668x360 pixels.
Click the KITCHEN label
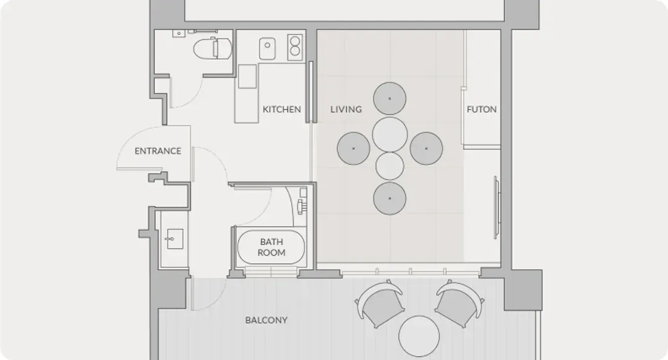click(281, 109)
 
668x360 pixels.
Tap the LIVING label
click(346, 109)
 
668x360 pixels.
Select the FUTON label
click(481, 109)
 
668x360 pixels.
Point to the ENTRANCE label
click(158, 151)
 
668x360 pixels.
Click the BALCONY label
click(266, 320)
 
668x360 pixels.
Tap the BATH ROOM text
click(272, 247)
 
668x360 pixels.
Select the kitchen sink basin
click(267, 49)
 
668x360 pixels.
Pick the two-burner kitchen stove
click(294, 47)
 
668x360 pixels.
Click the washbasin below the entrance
click(174, 239)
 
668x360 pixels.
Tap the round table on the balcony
click(419, 336)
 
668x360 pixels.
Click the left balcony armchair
click(380, 303)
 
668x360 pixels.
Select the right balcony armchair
click(459, 303)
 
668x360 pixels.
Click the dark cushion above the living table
click(390, 98)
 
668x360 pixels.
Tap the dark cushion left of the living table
click(353, 148)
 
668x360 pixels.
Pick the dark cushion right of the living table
click(426, 148)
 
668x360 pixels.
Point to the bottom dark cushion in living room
click(390, 198)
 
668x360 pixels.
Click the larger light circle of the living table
click(390, 134)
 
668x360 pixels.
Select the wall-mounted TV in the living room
click(497, 207)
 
